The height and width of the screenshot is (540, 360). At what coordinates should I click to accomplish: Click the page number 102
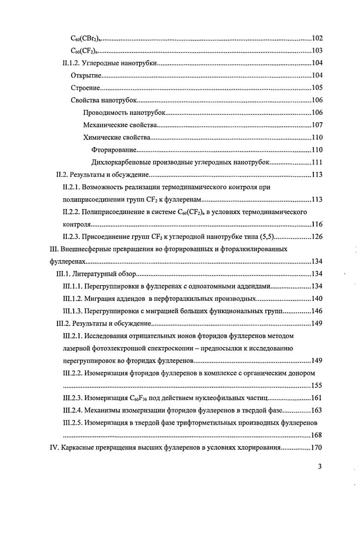317,38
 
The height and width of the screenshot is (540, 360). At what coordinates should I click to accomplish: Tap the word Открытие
85,76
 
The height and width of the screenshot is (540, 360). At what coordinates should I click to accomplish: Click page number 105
317,88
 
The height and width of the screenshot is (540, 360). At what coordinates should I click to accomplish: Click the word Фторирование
114,150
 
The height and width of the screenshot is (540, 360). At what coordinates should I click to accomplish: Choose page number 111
317,162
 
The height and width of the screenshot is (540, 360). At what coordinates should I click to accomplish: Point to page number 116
317,224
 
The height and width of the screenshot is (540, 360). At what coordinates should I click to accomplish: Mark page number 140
317,298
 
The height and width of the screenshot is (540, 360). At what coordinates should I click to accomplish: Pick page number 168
317,435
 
